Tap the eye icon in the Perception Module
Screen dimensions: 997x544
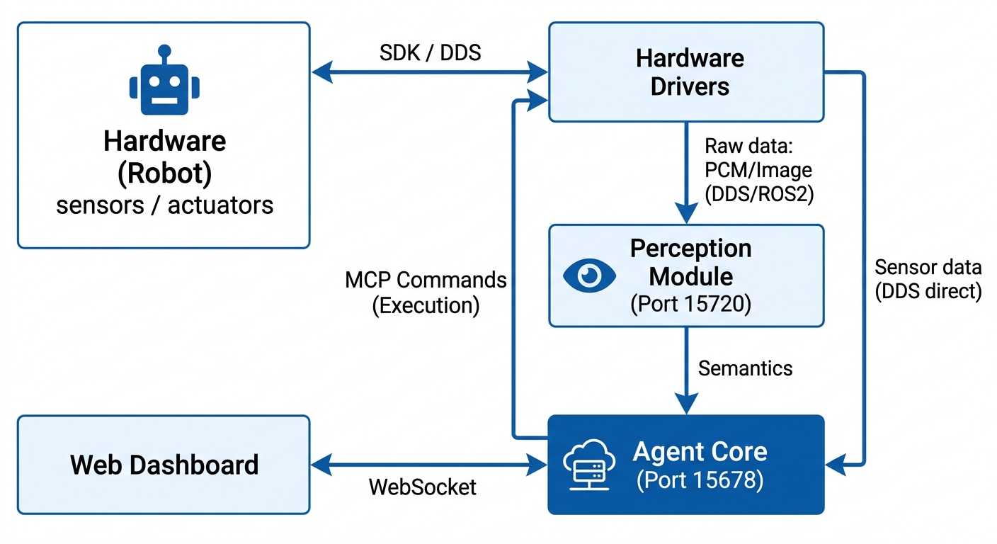click(x=589, y=276)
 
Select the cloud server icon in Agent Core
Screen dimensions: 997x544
click(x=589, y=465)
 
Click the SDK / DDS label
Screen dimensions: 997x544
click(x=430, y=52)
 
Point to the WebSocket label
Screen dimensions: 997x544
click(x=423, y=487)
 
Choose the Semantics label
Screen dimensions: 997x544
click(x=745, y=368)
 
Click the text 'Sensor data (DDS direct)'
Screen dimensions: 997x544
click(x=928, y=279)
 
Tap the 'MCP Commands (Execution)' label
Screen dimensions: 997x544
click(x=426, y=293)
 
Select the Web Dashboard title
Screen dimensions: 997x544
click(x=164, y=465)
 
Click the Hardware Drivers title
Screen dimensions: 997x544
click(x=690, y=72)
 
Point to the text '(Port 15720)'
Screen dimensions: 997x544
click(x=691, y=304)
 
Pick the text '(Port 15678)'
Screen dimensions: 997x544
click(x=700, y=480)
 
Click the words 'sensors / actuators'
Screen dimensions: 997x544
click(x=164, y=205)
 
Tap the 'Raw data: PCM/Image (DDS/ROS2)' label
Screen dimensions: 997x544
click(x=759, y=170)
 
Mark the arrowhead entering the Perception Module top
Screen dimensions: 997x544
click(x=686, y=212)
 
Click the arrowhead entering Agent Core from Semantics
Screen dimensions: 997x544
click(x=686, y=404)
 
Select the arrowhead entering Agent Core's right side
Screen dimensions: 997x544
click(x=836, y=465)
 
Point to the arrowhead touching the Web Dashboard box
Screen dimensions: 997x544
click(x=321, y=465)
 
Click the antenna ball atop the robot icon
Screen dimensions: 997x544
click(x=164, y=50)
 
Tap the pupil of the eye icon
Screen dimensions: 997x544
click(x=590, y=276)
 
